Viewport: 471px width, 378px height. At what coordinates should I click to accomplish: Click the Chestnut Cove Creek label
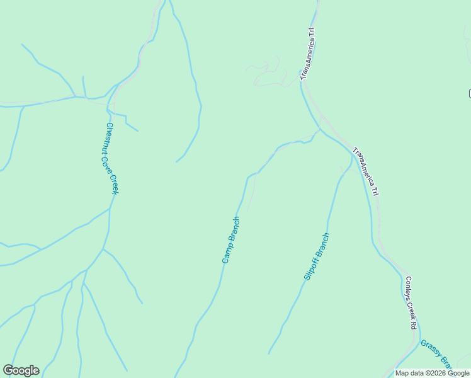click(x=111, y=157)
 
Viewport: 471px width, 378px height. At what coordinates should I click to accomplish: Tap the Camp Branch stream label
click(x=231, y=239)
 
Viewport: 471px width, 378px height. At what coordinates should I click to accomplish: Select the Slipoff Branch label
click(x=317, y=256)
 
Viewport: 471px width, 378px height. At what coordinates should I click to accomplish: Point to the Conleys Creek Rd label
click(x=411, y=302)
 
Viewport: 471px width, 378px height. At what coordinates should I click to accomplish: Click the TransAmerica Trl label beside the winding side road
click(x=307, y=53)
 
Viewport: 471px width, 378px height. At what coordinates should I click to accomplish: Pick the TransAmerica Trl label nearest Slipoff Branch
click(x=366, y=171)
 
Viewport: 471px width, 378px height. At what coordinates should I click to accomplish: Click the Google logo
click(x=21, y=370)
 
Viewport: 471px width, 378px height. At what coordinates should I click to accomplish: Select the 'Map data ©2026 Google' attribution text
click(x=432, y=373)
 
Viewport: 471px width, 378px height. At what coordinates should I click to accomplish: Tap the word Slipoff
click(x=310, y=269)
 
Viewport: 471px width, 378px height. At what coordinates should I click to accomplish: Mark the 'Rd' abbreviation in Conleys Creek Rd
click(x=414, y=325)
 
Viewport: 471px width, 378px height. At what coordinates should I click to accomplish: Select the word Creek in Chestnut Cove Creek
click(x=114, y=181)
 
